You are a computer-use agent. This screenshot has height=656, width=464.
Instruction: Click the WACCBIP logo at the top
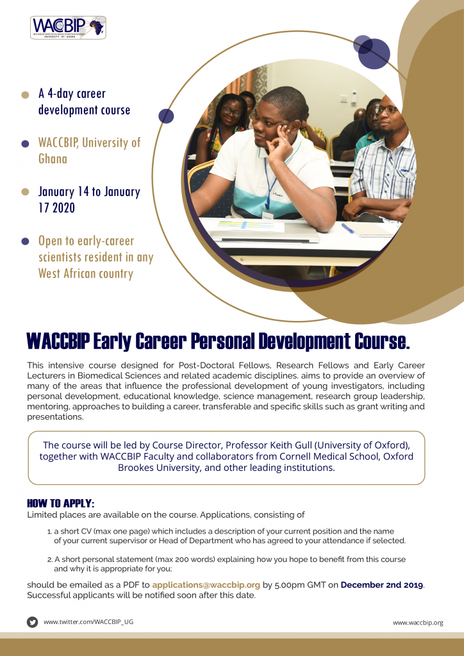[x=68, y=28]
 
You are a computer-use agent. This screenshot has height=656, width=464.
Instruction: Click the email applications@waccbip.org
[x=206, y=585]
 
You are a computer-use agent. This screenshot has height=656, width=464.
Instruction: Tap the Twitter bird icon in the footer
[x=32, y=622]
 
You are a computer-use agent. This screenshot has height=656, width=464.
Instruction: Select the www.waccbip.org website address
[x=418, y=623]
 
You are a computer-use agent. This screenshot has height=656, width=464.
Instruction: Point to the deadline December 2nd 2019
[x=382, y=585]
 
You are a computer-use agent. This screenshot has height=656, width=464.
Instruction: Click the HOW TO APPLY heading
[x=61, y=503]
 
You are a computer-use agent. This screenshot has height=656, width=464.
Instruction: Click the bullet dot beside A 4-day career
[x=25, y=95]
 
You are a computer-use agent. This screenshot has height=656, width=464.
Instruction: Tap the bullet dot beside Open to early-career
[x=25, y=242]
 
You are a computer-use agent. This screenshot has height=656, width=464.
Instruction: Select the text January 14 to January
[x=89, y=192]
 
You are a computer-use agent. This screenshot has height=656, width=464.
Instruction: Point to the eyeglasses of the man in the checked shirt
[x=386, y=110]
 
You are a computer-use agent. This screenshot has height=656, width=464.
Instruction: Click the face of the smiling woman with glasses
[x=231, y=111]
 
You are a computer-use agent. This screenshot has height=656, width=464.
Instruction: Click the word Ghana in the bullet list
[x=53, y=159]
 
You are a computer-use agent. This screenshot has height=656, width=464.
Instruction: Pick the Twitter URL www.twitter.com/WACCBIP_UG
[x=88, y=622]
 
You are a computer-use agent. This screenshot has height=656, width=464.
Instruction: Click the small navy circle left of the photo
[x=166, y=116]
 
